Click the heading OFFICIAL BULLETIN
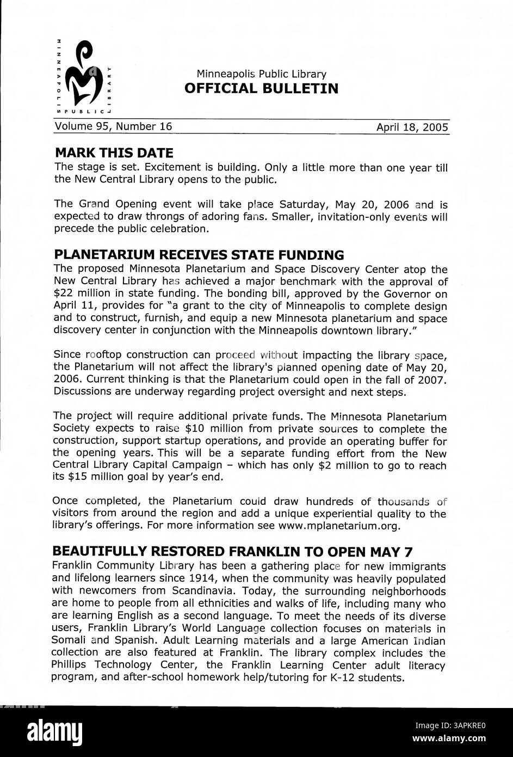[261, 88]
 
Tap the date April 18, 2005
[412, 127]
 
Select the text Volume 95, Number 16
[113, 127]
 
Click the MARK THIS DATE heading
[114, 152]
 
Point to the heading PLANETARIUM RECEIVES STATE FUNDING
[199, 255]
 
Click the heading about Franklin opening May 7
[236, 551]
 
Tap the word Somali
[69, 640]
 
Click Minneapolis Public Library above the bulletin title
[261, 74]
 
